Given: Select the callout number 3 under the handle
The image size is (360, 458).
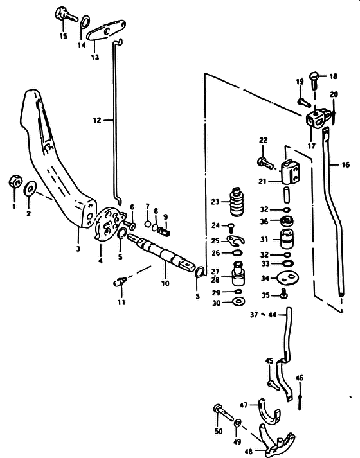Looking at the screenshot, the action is point(78,249).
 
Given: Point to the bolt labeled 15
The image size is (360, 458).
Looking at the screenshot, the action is point(66,14).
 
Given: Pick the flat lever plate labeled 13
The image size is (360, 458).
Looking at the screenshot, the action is point(106,31).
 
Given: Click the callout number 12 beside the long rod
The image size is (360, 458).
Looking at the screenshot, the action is point(97,120).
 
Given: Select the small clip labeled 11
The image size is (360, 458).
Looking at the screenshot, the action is point(120,282).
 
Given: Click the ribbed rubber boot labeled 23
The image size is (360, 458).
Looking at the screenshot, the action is point(237,202).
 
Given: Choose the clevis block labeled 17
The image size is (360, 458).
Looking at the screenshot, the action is point(318,118).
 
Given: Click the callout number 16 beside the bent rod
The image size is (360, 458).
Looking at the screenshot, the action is point(345,164).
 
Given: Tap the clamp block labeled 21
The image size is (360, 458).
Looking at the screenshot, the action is point(290,172).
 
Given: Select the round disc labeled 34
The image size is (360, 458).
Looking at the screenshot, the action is point(287,277).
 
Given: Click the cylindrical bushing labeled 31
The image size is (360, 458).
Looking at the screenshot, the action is point(287,238).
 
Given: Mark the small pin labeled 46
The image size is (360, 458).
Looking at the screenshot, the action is point(300,398).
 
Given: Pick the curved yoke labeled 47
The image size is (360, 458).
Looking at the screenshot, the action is point(268,412).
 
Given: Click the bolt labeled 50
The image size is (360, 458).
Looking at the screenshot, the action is point(224,411).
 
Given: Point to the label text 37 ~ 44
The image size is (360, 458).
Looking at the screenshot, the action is point(264,315).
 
